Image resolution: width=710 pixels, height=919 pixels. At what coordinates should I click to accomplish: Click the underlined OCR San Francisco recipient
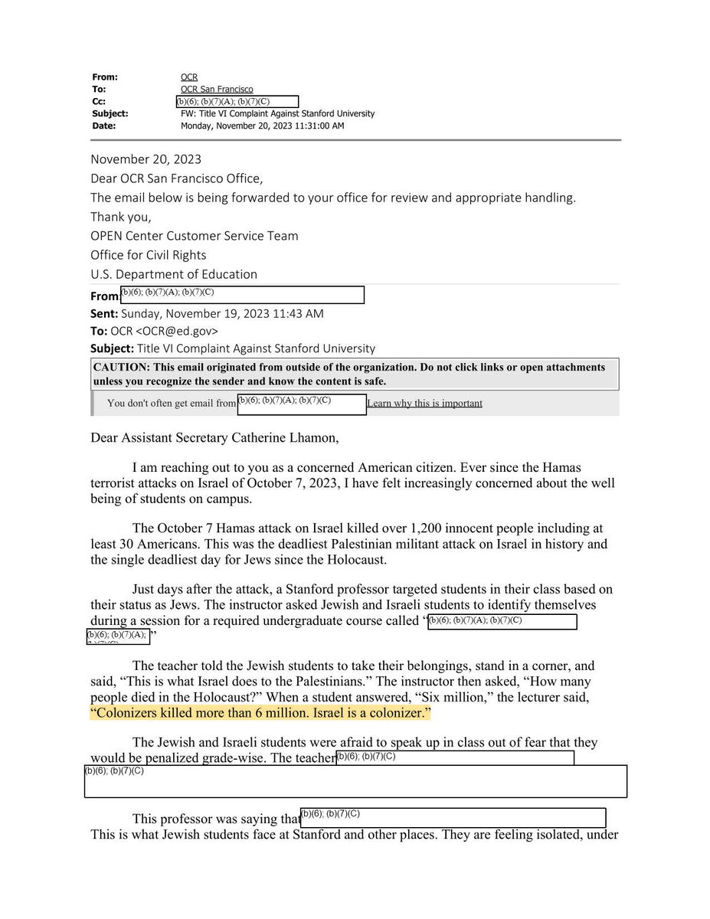[217, 90]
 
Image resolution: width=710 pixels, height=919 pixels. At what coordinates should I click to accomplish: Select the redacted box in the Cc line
[237, 102]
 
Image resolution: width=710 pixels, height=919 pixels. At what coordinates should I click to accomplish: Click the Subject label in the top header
[110, 114]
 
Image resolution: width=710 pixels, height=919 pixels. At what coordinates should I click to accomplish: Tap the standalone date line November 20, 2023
[146, 159]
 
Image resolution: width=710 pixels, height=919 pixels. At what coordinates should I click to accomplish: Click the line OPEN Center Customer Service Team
[195, 236]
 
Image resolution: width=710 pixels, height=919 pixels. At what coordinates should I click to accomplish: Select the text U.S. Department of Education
[174, 274]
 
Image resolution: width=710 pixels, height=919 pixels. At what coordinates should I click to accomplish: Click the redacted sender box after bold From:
[243, 295]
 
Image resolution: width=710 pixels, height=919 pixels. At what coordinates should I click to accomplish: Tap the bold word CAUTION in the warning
[119, 368]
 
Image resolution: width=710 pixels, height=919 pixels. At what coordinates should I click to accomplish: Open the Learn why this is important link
[424, 404]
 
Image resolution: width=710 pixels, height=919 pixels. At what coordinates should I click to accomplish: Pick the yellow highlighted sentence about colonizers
[260, 714]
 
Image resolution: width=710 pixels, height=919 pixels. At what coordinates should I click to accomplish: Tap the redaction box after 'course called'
[502, 622]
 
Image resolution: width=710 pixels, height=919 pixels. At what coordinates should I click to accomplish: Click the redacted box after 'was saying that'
[453, 818]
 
